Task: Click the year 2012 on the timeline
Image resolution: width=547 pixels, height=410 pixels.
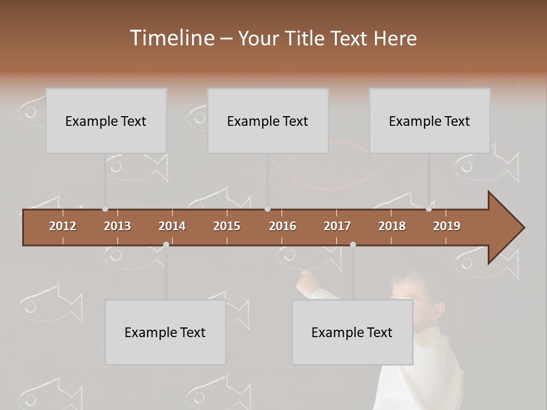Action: click(63, 226)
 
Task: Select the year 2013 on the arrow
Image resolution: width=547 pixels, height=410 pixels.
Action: click(117, 226)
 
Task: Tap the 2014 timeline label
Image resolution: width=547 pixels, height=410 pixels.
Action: click(172, 226)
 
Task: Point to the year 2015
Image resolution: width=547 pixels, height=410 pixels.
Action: click(227, 226)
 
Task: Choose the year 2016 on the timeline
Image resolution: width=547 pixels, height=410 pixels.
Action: click(283, 226)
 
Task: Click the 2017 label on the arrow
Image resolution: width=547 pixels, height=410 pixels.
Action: click(337, 226)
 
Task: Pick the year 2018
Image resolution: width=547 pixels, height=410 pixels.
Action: click(392, 226)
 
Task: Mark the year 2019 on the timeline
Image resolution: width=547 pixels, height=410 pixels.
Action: click(447, 226)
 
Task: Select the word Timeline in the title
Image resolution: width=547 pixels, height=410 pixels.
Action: click(171, 38)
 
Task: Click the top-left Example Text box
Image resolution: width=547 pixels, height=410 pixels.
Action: click(106, 121)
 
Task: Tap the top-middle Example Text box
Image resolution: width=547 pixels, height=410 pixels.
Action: click(268, 121)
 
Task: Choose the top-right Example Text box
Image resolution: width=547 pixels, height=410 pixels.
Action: click(430, 121)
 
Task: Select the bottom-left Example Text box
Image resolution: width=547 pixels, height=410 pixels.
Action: click(165, 332)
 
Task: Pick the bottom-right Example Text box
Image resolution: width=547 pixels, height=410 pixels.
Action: click(352, 332)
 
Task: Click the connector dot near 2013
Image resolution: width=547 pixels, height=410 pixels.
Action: click(105, 209)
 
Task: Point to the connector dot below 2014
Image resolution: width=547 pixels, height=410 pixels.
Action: click(166, 244)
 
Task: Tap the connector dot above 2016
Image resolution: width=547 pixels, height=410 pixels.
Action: click(268, 209)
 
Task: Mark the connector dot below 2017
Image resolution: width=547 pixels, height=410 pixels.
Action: click(353, 244)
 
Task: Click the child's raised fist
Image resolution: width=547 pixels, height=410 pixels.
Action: click(307, 280)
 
